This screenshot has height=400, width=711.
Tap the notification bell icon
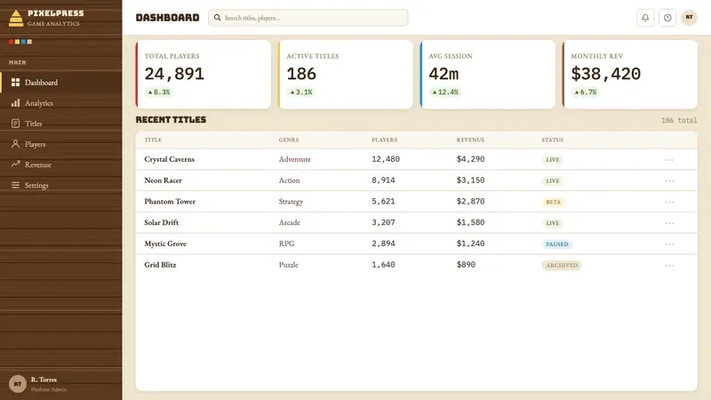pyautogui.click(x=645, y=18)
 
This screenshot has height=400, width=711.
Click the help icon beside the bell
pyautogui.click(x=667, y=18)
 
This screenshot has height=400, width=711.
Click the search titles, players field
pyautogui.click(x=308, y=18)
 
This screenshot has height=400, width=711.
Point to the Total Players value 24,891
pyautogui.click(x=174, y=74)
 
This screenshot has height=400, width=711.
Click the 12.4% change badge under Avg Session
pyautogui.click(x=445, y=92)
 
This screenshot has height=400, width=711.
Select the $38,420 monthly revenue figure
pyautogui.click(x=606, y=74)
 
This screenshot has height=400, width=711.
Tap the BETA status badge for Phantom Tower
pyautogui.click(x=553, y=202)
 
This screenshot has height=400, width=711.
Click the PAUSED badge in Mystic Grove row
pyautogui.click(x=557, y=244)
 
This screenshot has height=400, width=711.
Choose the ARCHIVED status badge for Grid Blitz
pyautogui.click(x=562, y=265)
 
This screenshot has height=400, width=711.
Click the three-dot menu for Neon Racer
pyautogui.click(x=670, y=180)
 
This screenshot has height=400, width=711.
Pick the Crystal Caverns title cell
pyautogui.click(x=169, y=159)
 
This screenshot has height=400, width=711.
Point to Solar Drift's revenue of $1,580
pyautogui.click(x=471, y=222)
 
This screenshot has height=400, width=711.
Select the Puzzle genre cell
pyautogui.click(x=288, y=265)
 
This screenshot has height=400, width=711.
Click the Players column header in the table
pyautogui.click(x=385, y=140)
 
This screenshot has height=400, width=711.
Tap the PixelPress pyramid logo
pyautogui.click(x=16, y=18)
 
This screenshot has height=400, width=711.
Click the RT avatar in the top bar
pyautogui.click(x=690, y=18)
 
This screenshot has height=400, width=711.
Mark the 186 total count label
pyautogui.click(x=679, y=120)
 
